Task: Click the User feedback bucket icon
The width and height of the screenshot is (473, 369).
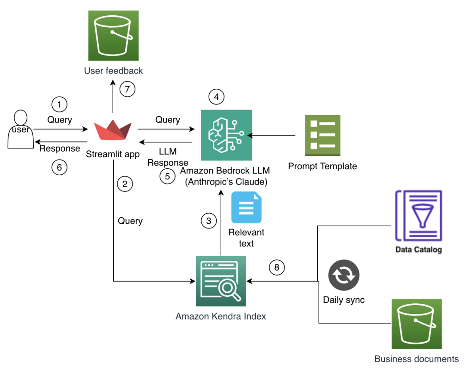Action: tap(113, 35)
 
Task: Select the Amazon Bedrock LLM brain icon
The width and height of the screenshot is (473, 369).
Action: tap(226, 135)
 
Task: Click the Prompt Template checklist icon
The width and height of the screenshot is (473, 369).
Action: tap(322, 135)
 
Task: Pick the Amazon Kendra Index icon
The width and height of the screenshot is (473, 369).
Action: tap(221, 281)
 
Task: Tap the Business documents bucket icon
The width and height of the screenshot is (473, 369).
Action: tap(417, 324)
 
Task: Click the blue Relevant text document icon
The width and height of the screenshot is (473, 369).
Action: tap(246, 207)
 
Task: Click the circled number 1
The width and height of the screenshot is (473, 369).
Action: tap(59, 105)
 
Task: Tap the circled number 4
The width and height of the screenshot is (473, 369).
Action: tap(216, 97)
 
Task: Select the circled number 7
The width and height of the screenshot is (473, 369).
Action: tap(127, 89)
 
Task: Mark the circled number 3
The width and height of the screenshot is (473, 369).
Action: tap(209, 221)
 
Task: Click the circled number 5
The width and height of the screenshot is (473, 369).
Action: tap(168, 176)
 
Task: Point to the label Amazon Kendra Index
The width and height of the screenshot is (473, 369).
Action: tap(221, 317)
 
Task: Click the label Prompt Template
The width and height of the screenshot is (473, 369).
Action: tap(322, 166)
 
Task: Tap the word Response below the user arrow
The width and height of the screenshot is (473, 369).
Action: tap(60, 148)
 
